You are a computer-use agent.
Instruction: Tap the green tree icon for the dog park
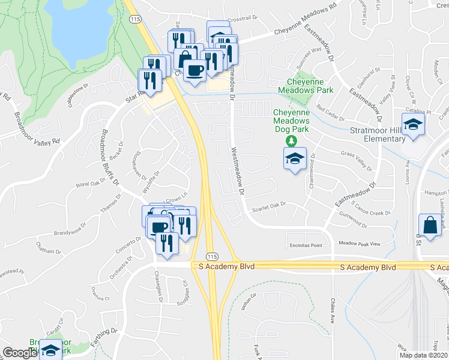(x=291, y=141)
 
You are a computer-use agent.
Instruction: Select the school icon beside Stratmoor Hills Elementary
(x=413, y=125)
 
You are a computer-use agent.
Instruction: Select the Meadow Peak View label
(x=360, y=244)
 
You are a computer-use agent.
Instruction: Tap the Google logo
(x=20, y=353)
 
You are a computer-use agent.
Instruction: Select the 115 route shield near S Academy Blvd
(x=211, y=255)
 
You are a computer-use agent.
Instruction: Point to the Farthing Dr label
(x=105, y=332)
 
